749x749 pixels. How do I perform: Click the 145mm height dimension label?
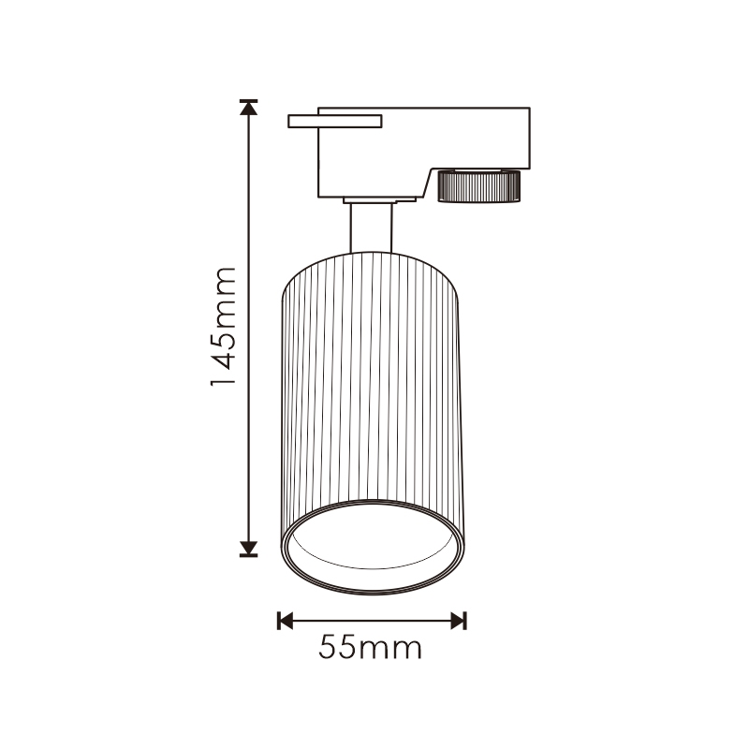point(224,326)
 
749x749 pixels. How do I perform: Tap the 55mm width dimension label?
point(370,647)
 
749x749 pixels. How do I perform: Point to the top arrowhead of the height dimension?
point(248,108)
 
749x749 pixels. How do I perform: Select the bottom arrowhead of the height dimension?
point(248,549)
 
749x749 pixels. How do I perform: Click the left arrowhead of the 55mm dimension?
point(285,621)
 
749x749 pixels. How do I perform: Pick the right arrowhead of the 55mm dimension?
point(459,621)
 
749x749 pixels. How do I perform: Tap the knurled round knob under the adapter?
point(479,185)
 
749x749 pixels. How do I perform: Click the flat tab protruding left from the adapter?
point(334,122)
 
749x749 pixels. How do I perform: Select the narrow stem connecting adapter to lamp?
point(371,228)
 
